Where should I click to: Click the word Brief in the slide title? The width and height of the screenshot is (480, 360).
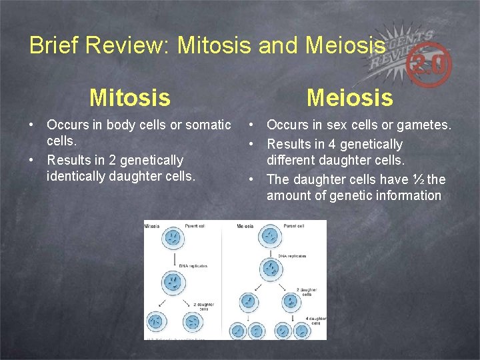(x=51, y=45)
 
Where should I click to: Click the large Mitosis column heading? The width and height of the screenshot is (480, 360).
(x=130, y=98)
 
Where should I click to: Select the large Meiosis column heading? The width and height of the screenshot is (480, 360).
(x=349, y=98)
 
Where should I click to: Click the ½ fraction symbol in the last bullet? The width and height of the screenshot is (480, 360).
(x=417, y=179)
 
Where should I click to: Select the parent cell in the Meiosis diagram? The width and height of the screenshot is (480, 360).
(x=270, y=235)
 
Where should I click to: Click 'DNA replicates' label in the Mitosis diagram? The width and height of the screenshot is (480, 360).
(x=193, y=265)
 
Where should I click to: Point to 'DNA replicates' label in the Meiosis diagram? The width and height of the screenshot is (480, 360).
(x=292, y=256)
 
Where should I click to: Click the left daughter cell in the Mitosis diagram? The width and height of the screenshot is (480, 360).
(x=156, y=322)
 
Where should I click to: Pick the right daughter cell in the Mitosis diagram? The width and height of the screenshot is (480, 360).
(x=191, y=322)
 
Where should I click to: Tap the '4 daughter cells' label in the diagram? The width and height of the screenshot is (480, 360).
(x=317, y=321)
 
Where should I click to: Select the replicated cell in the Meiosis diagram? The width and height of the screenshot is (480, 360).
(x=270, y=268)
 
